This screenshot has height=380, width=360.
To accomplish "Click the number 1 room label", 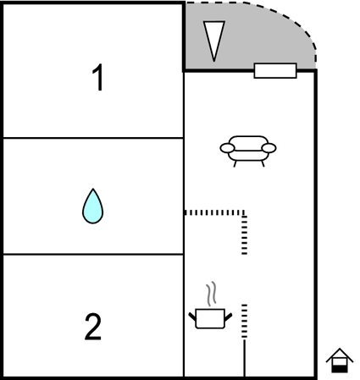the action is pos(98,77).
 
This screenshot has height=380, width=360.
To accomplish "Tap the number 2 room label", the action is pos(93,327).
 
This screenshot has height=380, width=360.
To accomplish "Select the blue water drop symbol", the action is pos(92,207).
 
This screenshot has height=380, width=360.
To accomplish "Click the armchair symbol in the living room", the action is pos(248,151).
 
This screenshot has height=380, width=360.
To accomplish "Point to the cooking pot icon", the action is pos(210,318).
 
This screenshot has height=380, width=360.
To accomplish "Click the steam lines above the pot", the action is pos(212,294).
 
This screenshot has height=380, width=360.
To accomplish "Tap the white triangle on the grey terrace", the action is pos(214,41).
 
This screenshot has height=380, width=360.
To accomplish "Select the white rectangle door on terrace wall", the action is pos(275,70).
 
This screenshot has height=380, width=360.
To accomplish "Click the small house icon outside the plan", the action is pos(340,361).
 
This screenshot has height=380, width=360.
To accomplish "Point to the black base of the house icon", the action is pos(340,369).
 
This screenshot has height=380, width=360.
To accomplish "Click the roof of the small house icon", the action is pos(340,355).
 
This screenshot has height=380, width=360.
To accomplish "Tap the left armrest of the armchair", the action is pos(227,148).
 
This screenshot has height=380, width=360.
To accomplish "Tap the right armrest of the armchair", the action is pos(269,148).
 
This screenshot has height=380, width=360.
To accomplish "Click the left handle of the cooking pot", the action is pos(192,317).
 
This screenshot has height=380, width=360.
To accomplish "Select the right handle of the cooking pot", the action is pos(229,317).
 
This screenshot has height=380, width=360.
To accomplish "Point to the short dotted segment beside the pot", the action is pos(245,321).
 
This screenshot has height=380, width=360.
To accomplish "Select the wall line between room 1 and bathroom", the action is pos(93,138).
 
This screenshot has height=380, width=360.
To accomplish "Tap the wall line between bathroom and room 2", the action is pos(93,255).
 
